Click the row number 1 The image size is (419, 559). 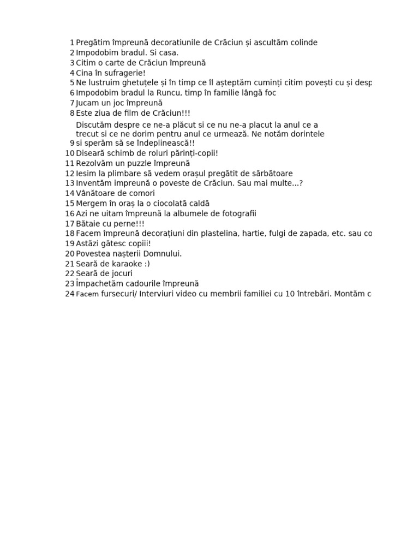point(72,43)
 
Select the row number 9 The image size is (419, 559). point(72,143)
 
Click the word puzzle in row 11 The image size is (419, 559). point(134,163)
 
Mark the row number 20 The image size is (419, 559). point(70,254)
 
